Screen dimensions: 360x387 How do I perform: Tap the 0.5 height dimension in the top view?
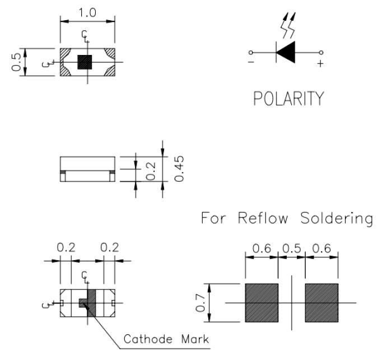[x=17, y=62]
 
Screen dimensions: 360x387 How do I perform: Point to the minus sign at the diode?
[x=250, y=63]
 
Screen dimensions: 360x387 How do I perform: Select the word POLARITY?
[x=288, y=99]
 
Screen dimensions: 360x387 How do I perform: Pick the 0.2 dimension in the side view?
[x=151, y=170]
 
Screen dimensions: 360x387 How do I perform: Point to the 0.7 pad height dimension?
[x=201, y=303]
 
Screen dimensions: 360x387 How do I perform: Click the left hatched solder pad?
[x=262, y=303]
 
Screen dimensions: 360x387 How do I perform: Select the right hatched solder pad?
[x=321, y=303]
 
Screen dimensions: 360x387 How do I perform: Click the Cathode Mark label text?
[x=166, y=339]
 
